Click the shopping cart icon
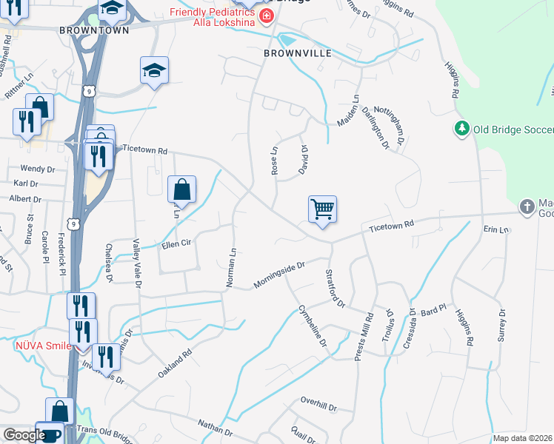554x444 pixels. (322, 209)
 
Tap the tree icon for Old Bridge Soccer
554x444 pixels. (462, 129)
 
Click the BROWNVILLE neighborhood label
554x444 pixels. (296, 54)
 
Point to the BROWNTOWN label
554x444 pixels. (95, 30)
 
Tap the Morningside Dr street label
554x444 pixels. (279, 274)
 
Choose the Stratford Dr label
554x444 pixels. (336, 288)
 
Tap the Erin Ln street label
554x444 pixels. (496, 229)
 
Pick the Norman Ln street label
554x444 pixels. (230, 269)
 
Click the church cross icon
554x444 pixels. (526, 207)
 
